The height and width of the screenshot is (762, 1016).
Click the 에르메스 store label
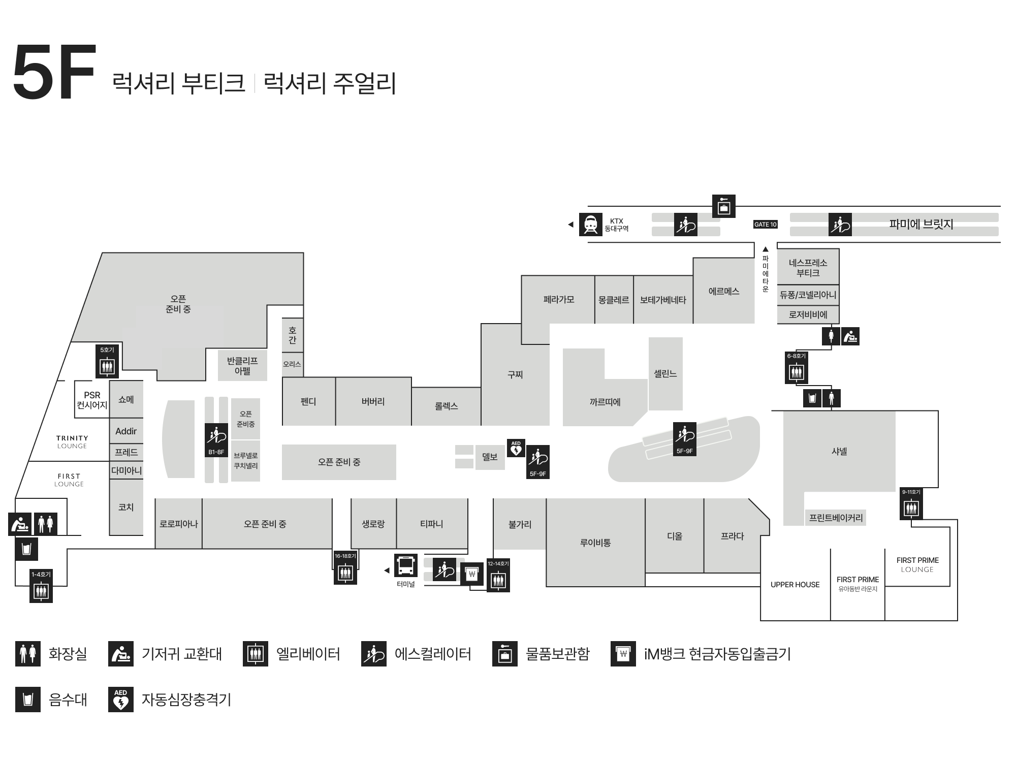tap(724, 292)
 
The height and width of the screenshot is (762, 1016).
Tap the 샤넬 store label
tap(839, 451)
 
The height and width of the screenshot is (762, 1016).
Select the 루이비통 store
tap(595, 543)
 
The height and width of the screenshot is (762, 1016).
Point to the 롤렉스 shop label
tap(447, 406)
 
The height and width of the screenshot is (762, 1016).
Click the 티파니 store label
tap(432, 524)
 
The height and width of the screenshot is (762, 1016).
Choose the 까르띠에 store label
tap(605, 402)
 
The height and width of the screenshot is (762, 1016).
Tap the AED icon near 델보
tap(516, 448)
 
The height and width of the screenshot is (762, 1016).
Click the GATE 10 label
tap(766, 225)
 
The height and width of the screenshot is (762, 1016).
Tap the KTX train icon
tap(590, 225)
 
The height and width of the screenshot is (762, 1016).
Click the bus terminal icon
tap(406, 565)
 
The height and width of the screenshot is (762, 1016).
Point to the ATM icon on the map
tap(472, 574)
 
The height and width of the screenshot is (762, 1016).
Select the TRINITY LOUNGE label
tap(72, 442)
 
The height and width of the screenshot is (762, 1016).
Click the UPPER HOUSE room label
tap(795, 585)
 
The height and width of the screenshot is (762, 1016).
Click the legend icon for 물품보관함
tap(505, 654)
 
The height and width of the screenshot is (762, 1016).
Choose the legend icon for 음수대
tap(28, 700)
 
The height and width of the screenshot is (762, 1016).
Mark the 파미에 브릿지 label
tap(921, 224)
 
